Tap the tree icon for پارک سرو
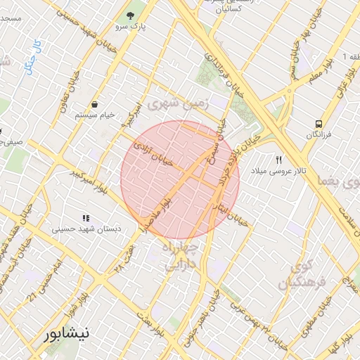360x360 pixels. tap(129, 15)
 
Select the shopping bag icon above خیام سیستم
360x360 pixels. tap(94, 104)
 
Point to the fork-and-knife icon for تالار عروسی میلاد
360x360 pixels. tap(278, 160)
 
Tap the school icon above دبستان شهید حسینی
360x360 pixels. tap(86, 219)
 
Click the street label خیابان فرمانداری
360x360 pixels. tap(226, 74)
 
